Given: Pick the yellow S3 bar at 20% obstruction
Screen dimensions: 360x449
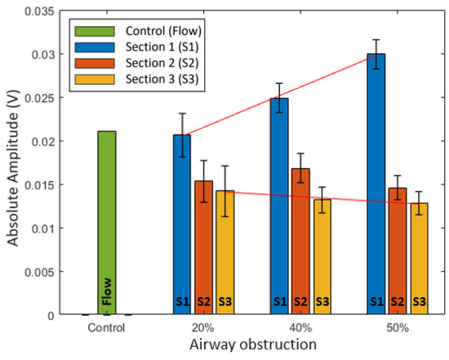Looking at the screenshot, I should (224, 252).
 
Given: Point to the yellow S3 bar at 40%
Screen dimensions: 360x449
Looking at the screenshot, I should (322, 256).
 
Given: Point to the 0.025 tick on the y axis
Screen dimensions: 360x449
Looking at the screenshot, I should (46, 98).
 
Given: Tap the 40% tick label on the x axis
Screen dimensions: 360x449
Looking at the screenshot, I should (300, 327).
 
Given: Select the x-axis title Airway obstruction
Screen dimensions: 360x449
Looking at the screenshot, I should (254, 346).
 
